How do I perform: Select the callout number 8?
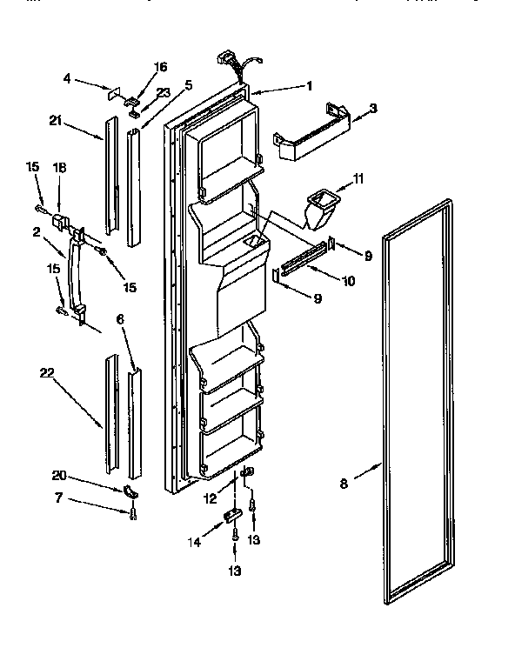(x=344, y=484)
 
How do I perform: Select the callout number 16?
(x=160, y=66)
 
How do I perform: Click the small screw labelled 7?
(x=131, y=515)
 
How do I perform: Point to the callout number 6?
(x=121, y=320)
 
